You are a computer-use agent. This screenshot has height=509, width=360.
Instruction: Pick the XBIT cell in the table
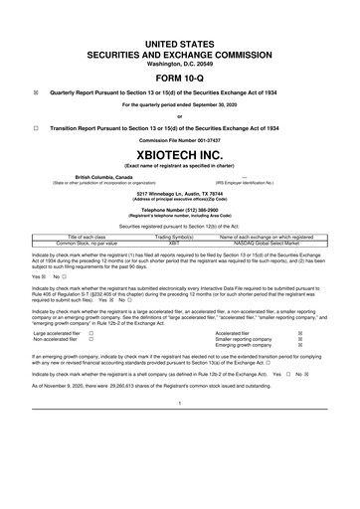tap(180, 241)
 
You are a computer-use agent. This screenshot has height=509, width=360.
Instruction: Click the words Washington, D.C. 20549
tap(180, 37)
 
